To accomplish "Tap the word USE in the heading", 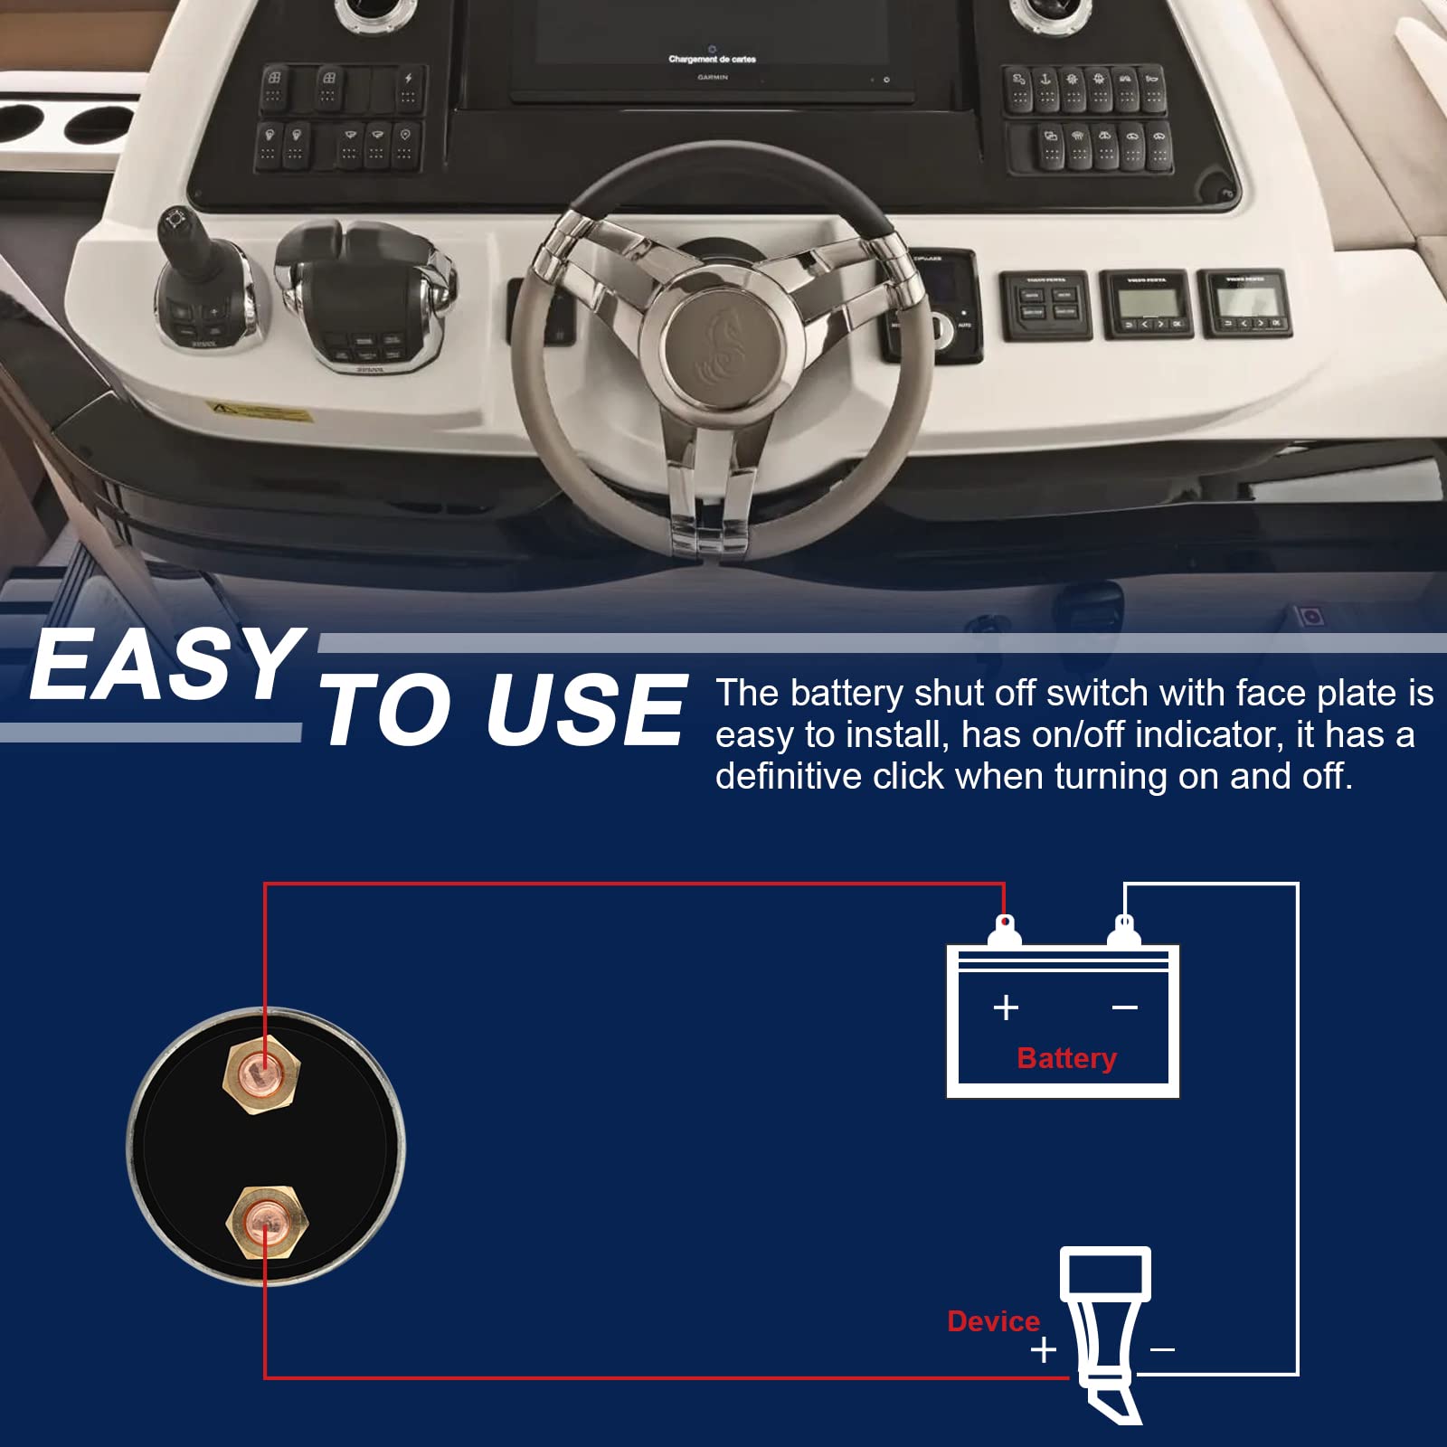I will click(585, 712).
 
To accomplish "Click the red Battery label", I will click(1066, 1058).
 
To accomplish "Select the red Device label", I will click(993, 1321).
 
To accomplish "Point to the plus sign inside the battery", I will click(1006, 1007).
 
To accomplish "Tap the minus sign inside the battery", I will click(1124, 1007).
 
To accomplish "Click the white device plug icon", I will click(1106, 1329).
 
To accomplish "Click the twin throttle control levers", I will click(362, 289).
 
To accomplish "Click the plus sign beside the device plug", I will click(1044, 1350).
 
